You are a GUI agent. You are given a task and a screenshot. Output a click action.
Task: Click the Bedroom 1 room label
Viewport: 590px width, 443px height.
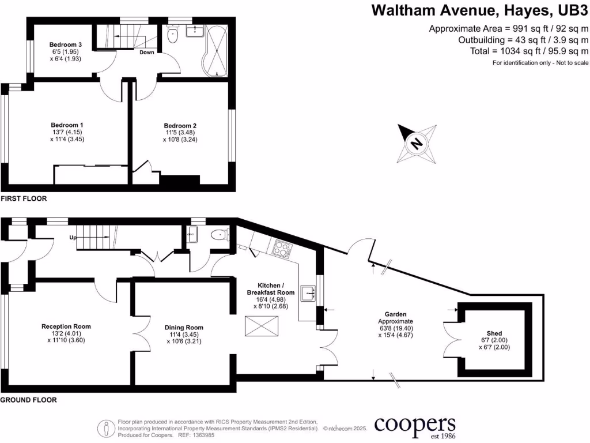click(67, 125)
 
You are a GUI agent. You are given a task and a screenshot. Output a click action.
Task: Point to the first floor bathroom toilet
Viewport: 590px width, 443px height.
click(173, 37)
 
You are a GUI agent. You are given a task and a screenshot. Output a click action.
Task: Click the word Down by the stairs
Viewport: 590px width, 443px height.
click(147, 52)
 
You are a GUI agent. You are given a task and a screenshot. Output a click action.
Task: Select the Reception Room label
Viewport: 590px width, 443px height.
click(66, 326)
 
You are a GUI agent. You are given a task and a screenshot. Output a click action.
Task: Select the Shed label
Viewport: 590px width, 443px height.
click(494, 333)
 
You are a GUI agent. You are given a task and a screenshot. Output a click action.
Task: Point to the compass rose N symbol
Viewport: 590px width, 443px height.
click(415, 142)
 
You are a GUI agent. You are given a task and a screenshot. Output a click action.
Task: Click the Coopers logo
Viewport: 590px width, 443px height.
click(415, 426)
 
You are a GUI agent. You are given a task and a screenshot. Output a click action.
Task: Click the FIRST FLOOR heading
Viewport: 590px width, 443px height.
click(24, 198)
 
